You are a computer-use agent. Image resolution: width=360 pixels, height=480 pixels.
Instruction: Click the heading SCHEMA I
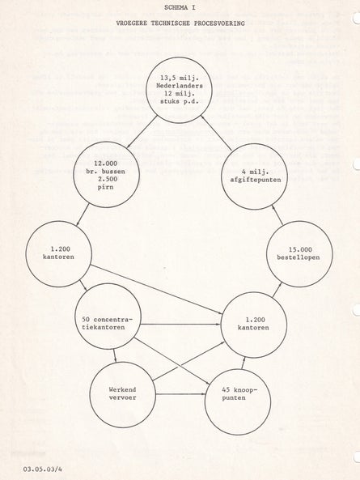[x=180, y=7]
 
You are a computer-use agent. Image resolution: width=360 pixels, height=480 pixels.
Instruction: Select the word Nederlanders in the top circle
[x=180, y=86]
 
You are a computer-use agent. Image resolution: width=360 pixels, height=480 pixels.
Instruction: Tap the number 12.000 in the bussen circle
[x=106, y=164]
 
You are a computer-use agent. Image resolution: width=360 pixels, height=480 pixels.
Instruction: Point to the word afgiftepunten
[x=256, y=180]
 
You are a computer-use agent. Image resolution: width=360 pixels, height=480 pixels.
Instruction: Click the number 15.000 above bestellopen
[x=300, y=249]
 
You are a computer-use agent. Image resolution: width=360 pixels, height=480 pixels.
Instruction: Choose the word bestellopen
[x=299, y=257]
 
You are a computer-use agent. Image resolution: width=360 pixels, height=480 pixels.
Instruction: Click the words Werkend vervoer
[x=123, y=393]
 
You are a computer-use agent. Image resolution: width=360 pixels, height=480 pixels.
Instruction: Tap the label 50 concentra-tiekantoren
[x=108, y=323]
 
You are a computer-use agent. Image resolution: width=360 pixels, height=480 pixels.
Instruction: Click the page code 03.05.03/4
[x=43, y=469]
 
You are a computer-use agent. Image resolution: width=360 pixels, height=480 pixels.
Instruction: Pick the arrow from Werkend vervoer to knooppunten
[x=180, y=394]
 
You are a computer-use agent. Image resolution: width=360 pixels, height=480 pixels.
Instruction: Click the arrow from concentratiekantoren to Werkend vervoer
[x=115, y=356]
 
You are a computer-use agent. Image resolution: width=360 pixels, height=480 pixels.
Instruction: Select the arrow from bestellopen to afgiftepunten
[x=277, y=215]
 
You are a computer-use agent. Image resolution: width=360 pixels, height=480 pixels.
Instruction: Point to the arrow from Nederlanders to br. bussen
[x=142, y=132]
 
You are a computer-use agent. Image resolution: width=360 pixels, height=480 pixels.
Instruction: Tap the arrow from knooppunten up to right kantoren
[x=244, y=363]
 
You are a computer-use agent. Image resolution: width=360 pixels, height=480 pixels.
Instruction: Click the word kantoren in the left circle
[x=58, y=257]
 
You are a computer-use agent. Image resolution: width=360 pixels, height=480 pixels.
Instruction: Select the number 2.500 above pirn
[x=106, y=179]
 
